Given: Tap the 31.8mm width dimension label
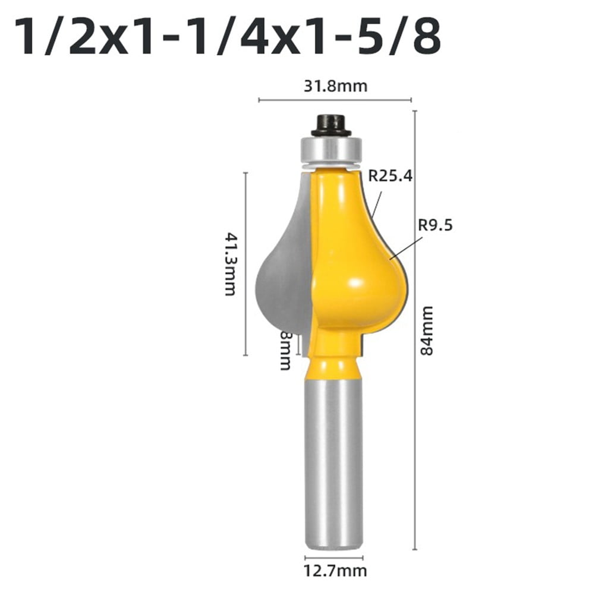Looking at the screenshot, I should click(335, 86).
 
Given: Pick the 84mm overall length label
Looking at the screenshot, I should click(426, 330).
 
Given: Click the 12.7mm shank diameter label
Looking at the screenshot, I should click(335, 571).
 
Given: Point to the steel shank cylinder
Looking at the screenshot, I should click(333, 464).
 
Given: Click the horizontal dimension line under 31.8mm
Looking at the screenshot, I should click(335, 100).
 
